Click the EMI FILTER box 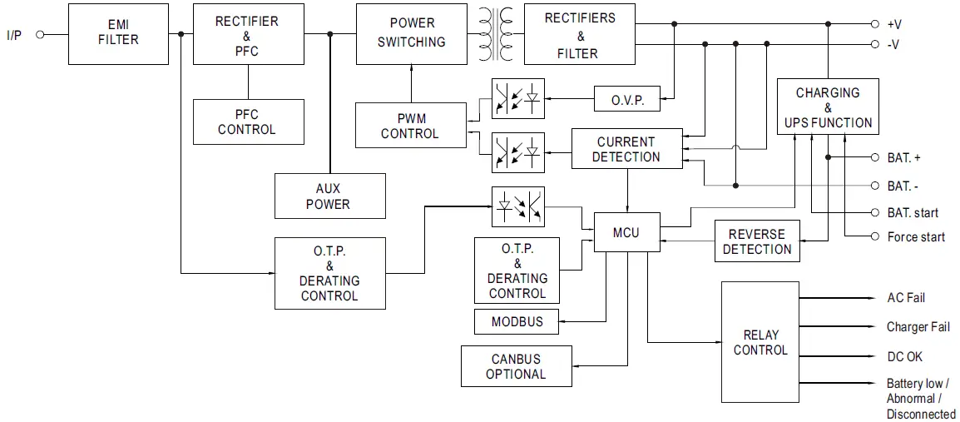tap(118, 33)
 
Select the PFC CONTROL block tap(246, 122)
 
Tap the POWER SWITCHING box tap(412, 34)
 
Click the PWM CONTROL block tap(410, 126)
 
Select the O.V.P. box tap(626, 100)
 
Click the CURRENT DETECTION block tap(626, 150)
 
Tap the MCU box tap(626, 232)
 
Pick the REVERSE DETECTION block tap(757, 242)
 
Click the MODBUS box tap(517, 321)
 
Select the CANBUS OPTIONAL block tap(516, 366)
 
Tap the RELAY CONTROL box tap(760, 342)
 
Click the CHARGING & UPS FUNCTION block tap(827, 107)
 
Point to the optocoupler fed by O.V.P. tap(518, 98)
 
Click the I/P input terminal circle tap(39, 35)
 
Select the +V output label tap(894, 25)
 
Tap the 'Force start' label tap(916, 237)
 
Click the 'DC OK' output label tap(904, 356)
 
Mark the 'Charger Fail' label tap(918, 327)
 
